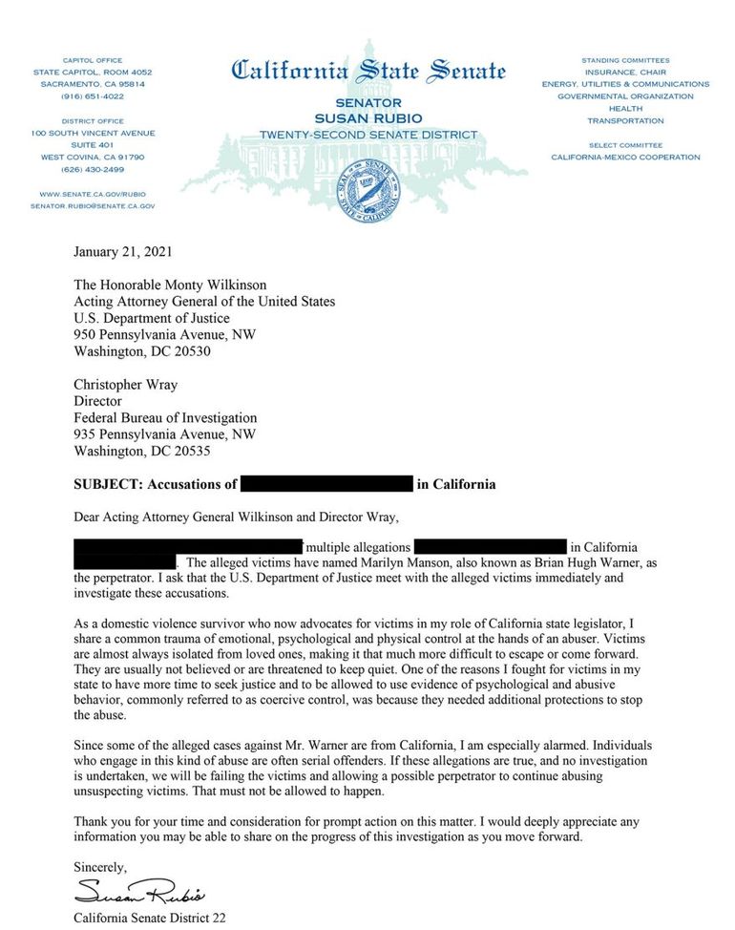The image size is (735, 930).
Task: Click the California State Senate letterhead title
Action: (367, 70)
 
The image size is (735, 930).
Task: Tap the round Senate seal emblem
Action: (367, 191)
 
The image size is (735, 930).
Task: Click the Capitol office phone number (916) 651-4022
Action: (93, 96)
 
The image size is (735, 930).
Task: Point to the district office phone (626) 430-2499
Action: (93, 169)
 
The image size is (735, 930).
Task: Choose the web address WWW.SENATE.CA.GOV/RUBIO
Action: (93, 193)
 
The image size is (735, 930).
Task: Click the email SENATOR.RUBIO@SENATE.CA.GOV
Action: (93, 205)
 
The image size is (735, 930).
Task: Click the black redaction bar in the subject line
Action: (326, 484)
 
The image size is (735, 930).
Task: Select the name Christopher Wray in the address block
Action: (128, 386)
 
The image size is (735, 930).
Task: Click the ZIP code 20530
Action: (191, 350)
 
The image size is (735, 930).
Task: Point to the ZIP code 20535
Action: (191, 451)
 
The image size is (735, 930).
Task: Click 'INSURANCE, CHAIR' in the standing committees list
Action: (625, 73)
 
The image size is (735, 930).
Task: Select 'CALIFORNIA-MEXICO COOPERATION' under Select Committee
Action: (625, 158)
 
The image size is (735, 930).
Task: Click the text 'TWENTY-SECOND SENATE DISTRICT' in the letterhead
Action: (367, 136)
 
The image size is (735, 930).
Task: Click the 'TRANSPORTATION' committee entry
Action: (625, 121)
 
